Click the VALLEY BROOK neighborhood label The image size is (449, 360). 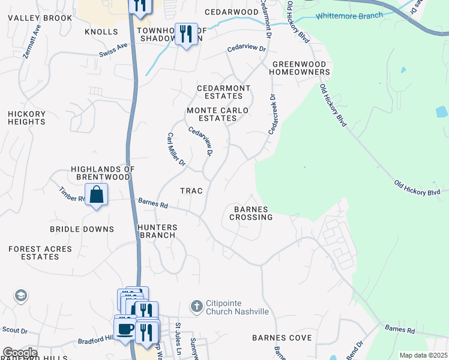click(x=40, y=18)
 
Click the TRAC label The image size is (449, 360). click(x=191, y=190)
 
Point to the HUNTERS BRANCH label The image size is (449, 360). click(x=157, y=231)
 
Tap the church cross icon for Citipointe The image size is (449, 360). click(x=196, y=307)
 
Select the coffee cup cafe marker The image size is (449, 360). click(x=125, y=329)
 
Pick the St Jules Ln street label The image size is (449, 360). click(x=178, y=338)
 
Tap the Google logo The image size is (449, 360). click(x=20, y=353)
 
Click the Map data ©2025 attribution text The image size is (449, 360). click(x=423, y=355)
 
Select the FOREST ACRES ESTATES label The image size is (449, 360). click(x=40, y=253)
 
